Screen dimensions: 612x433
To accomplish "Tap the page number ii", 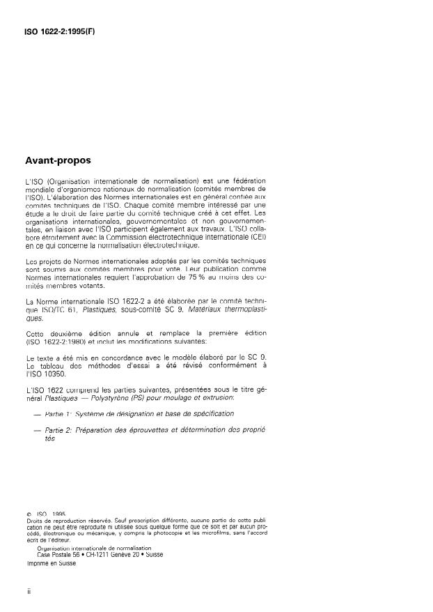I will (29, 592).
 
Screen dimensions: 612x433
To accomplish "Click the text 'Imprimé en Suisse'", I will (51, 563).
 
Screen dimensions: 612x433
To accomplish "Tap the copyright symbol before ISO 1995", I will (28, 514).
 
